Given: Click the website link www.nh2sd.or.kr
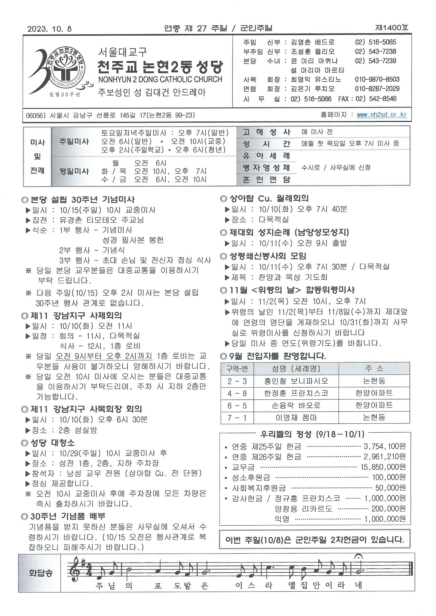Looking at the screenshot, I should click(x=382, y=115).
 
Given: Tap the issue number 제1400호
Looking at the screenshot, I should click(x=392, y=28).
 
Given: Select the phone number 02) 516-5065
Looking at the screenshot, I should click(x=375, y=42).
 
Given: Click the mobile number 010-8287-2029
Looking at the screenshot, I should click(x=377, y=89).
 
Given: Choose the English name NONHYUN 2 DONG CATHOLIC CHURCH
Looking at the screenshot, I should click(x=160, y=79).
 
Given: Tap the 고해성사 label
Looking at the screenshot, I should click(x=267, y=132).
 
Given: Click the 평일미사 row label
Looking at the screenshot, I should click(x=74, y=171).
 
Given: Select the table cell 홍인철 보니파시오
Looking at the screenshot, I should click(x=296, y=381).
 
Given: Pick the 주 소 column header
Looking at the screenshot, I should click(x=374, y=368).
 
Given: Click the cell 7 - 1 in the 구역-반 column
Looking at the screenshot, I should click(x=237, y=418).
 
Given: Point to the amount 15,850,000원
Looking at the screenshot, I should click(x=383, y=467).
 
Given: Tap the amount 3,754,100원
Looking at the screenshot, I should click(x=384, y=446).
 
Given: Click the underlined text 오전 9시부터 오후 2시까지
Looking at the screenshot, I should click(x=104, y=356).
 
